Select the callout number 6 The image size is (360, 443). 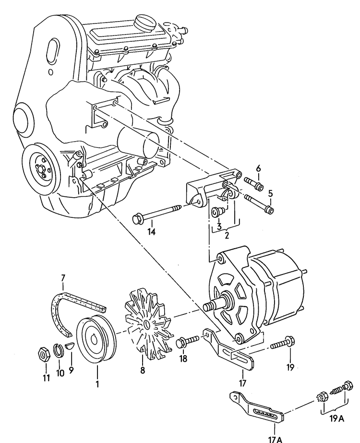(x=258, y=168)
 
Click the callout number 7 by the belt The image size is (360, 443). (x=62, y=278)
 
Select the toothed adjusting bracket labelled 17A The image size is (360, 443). (x=259, y=408)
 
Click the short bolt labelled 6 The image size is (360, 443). (x=254, y=184)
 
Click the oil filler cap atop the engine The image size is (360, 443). (x=144, y=22)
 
